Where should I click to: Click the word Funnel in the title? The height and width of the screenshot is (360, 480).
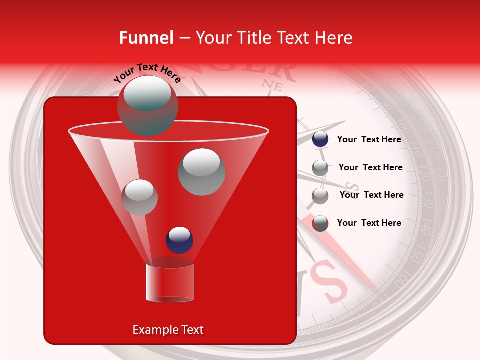[146, 38]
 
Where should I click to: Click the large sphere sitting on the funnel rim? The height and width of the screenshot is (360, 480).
[147, 106]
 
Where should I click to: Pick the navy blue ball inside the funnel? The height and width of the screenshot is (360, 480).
[179, 240]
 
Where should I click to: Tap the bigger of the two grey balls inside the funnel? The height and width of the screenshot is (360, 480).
[201, 171]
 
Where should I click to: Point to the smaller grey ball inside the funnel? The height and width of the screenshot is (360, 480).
[139, 197]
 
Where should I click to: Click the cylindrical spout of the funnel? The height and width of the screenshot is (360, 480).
[169, 283]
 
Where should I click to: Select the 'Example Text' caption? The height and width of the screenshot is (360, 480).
[168, 330]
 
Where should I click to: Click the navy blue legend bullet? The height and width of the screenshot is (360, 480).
[320, 139]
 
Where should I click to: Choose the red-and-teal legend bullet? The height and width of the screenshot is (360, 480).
[320, 223]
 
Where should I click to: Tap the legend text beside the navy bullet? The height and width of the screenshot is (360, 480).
[369, 139]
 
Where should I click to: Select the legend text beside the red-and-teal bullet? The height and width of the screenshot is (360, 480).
[369, 223]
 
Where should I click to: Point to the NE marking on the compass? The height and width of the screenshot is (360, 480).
[273, 85]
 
